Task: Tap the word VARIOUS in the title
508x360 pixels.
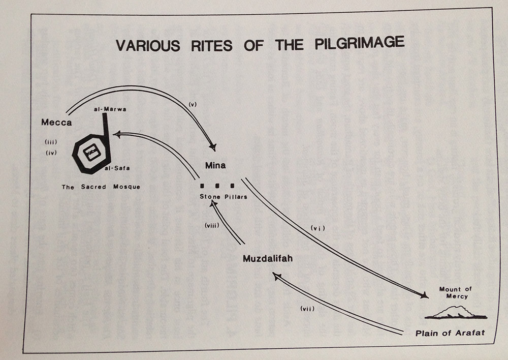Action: pos(148,46)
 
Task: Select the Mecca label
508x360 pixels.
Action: pos(57,123)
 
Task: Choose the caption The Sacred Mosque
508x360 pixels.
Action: pos(101,187)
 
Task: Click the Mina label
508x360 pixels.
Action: pos(215,166)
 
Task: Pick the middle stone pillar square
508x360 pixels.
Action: pos(218,185)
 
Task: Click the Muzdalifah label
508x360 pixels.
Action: pos(267,259)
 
